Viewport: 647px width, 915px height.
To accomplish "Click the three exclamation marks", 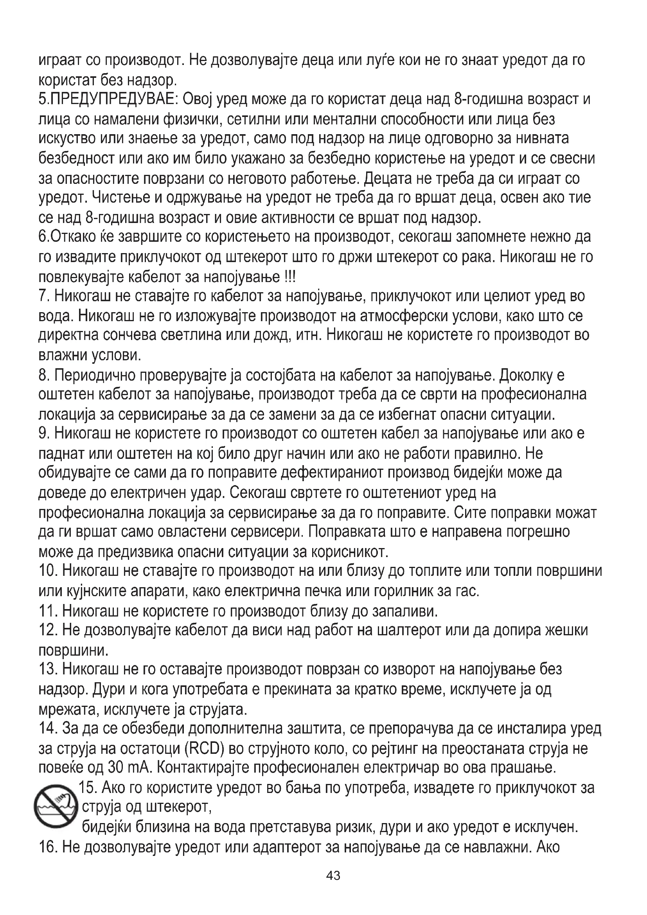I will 290,276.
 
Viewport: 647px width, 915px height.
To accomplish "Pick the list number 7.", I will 43,296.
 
